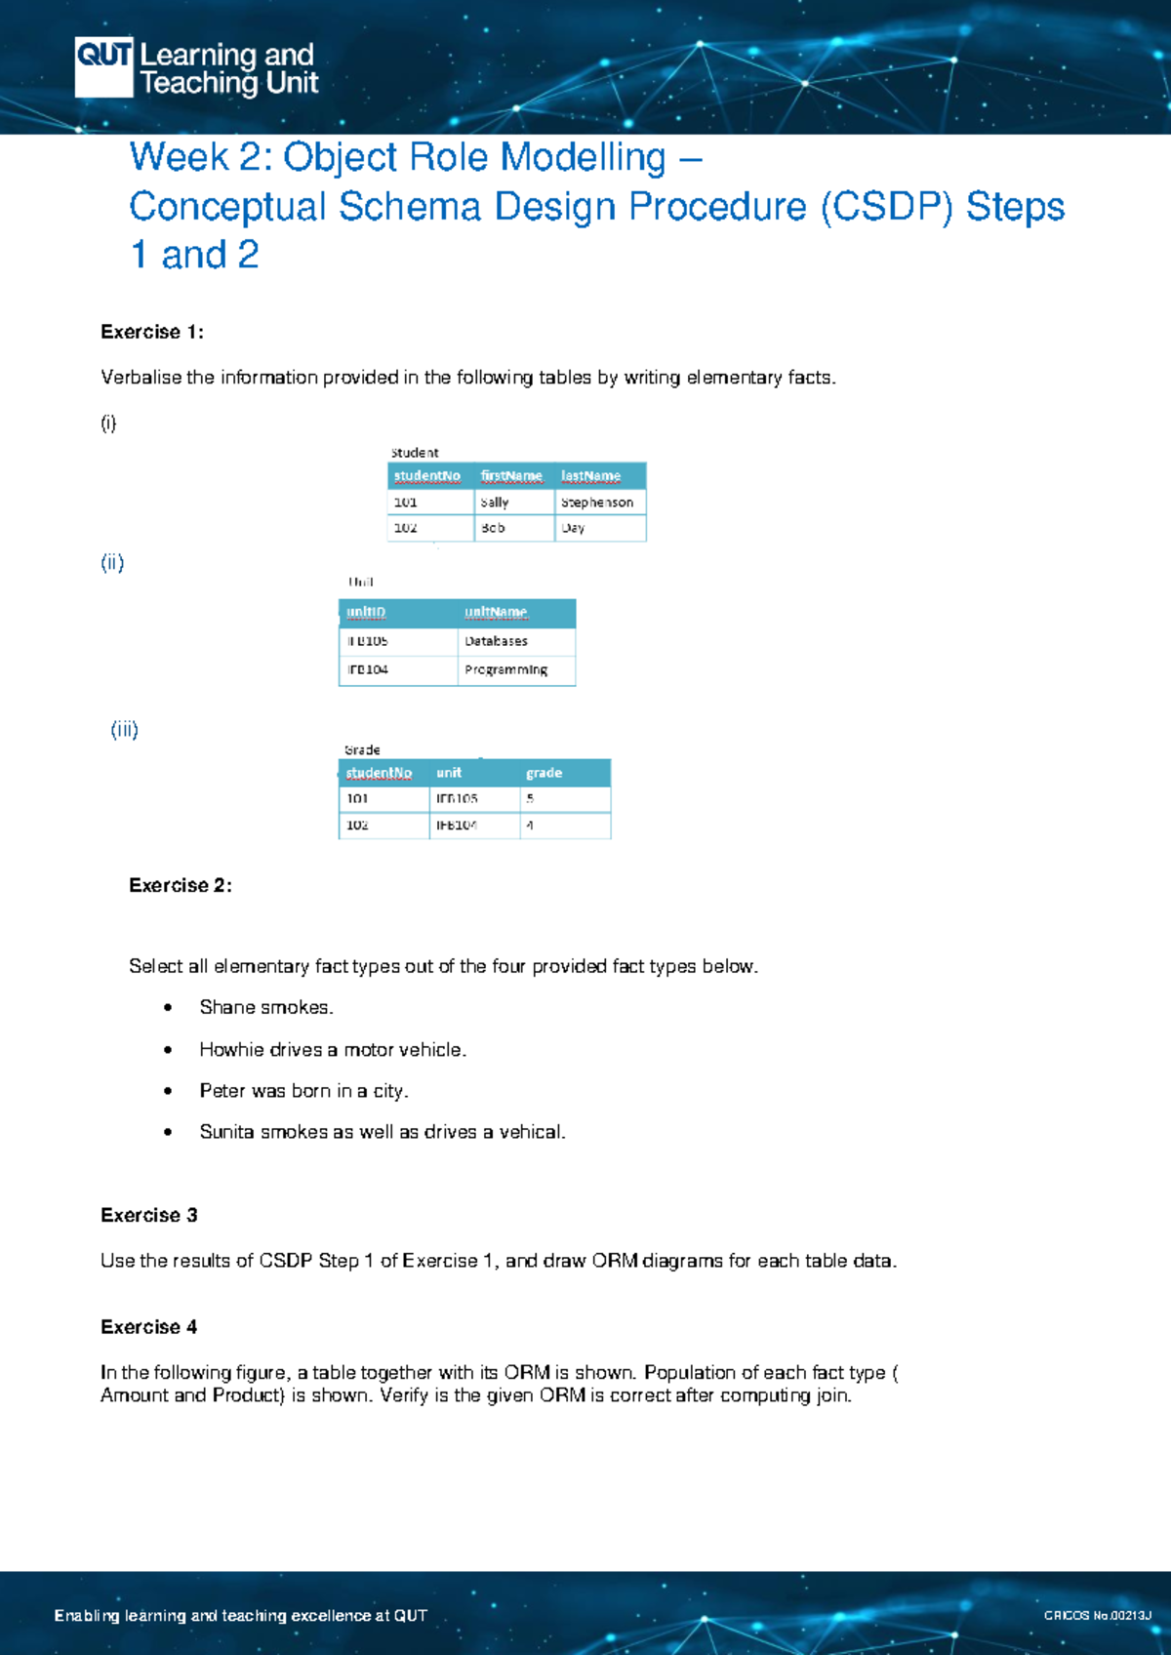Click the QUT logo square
[x=103, y=66]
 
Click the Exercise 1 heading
[x=151, y=332]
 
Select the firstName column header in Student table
[x=511, y=476]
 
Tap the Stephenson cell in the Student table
[x=597, y=503]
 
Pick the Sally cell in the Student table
[x=495, y=503]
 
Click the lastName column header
[x=590, y=476]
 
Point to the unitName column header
[x=496, y=613]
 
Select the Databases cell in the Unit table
[x=496, y=641]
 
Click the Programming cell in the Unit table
[x=505, y=669]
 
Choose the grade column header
[x=544, y=773]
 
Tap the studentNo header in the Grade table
[x=379, y=773]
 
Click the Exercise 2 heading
[x=181, y=885]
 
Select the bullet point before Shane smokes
[x=169, y=1008]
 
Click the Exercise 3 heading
[x=149, y=1215]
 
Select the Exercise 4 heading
[x=149, y=1327]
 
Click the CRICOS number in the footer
[x=1097, y=1615]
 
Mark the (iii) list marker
[x=124, y=729]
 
